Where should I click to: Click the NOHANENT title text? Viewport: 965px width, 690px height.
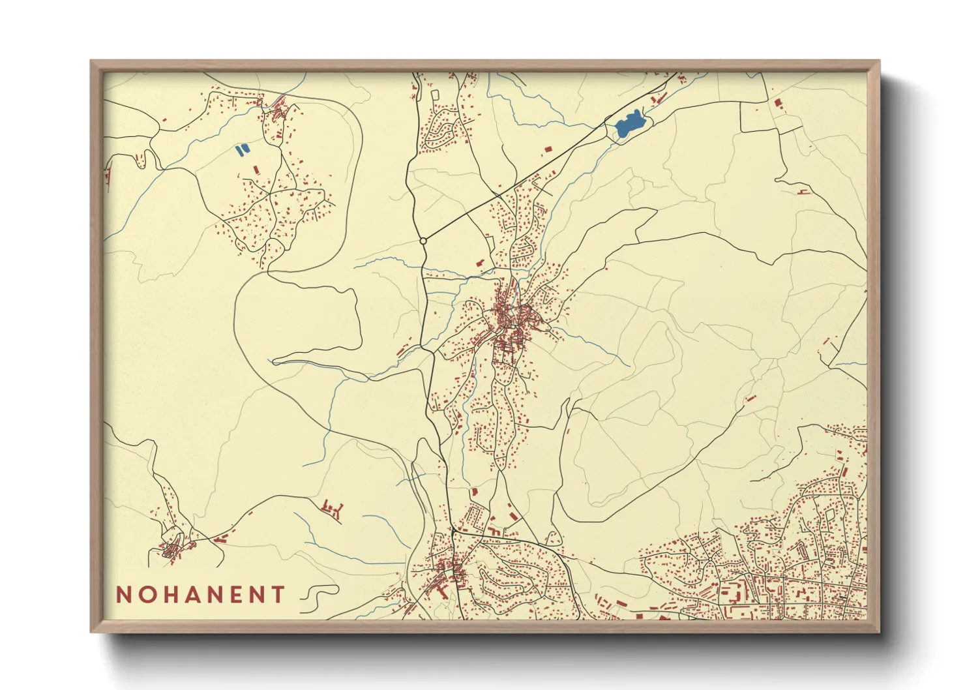coord(201,595)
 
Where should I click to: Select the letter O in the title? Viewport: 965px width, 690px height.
coord(148,595)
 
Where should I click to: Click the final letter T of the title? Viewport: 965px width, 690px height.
coord(278,595)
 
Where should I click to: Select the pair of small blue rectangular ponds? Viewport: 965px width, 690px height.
coord(242,149)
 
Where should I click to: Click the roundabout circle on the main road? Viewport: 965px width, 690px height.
coord(423,241)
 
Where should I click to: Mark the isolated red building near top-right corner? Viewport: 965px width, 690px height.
coord(777,102)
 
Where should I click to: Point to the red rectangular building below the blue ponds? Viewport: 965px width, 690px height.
coord(256,170)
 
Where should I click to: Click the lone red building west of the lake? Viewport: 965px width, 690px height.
coord(548,149)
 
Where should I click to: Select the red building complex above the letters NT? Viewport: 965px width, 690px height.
coord(332,508)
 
